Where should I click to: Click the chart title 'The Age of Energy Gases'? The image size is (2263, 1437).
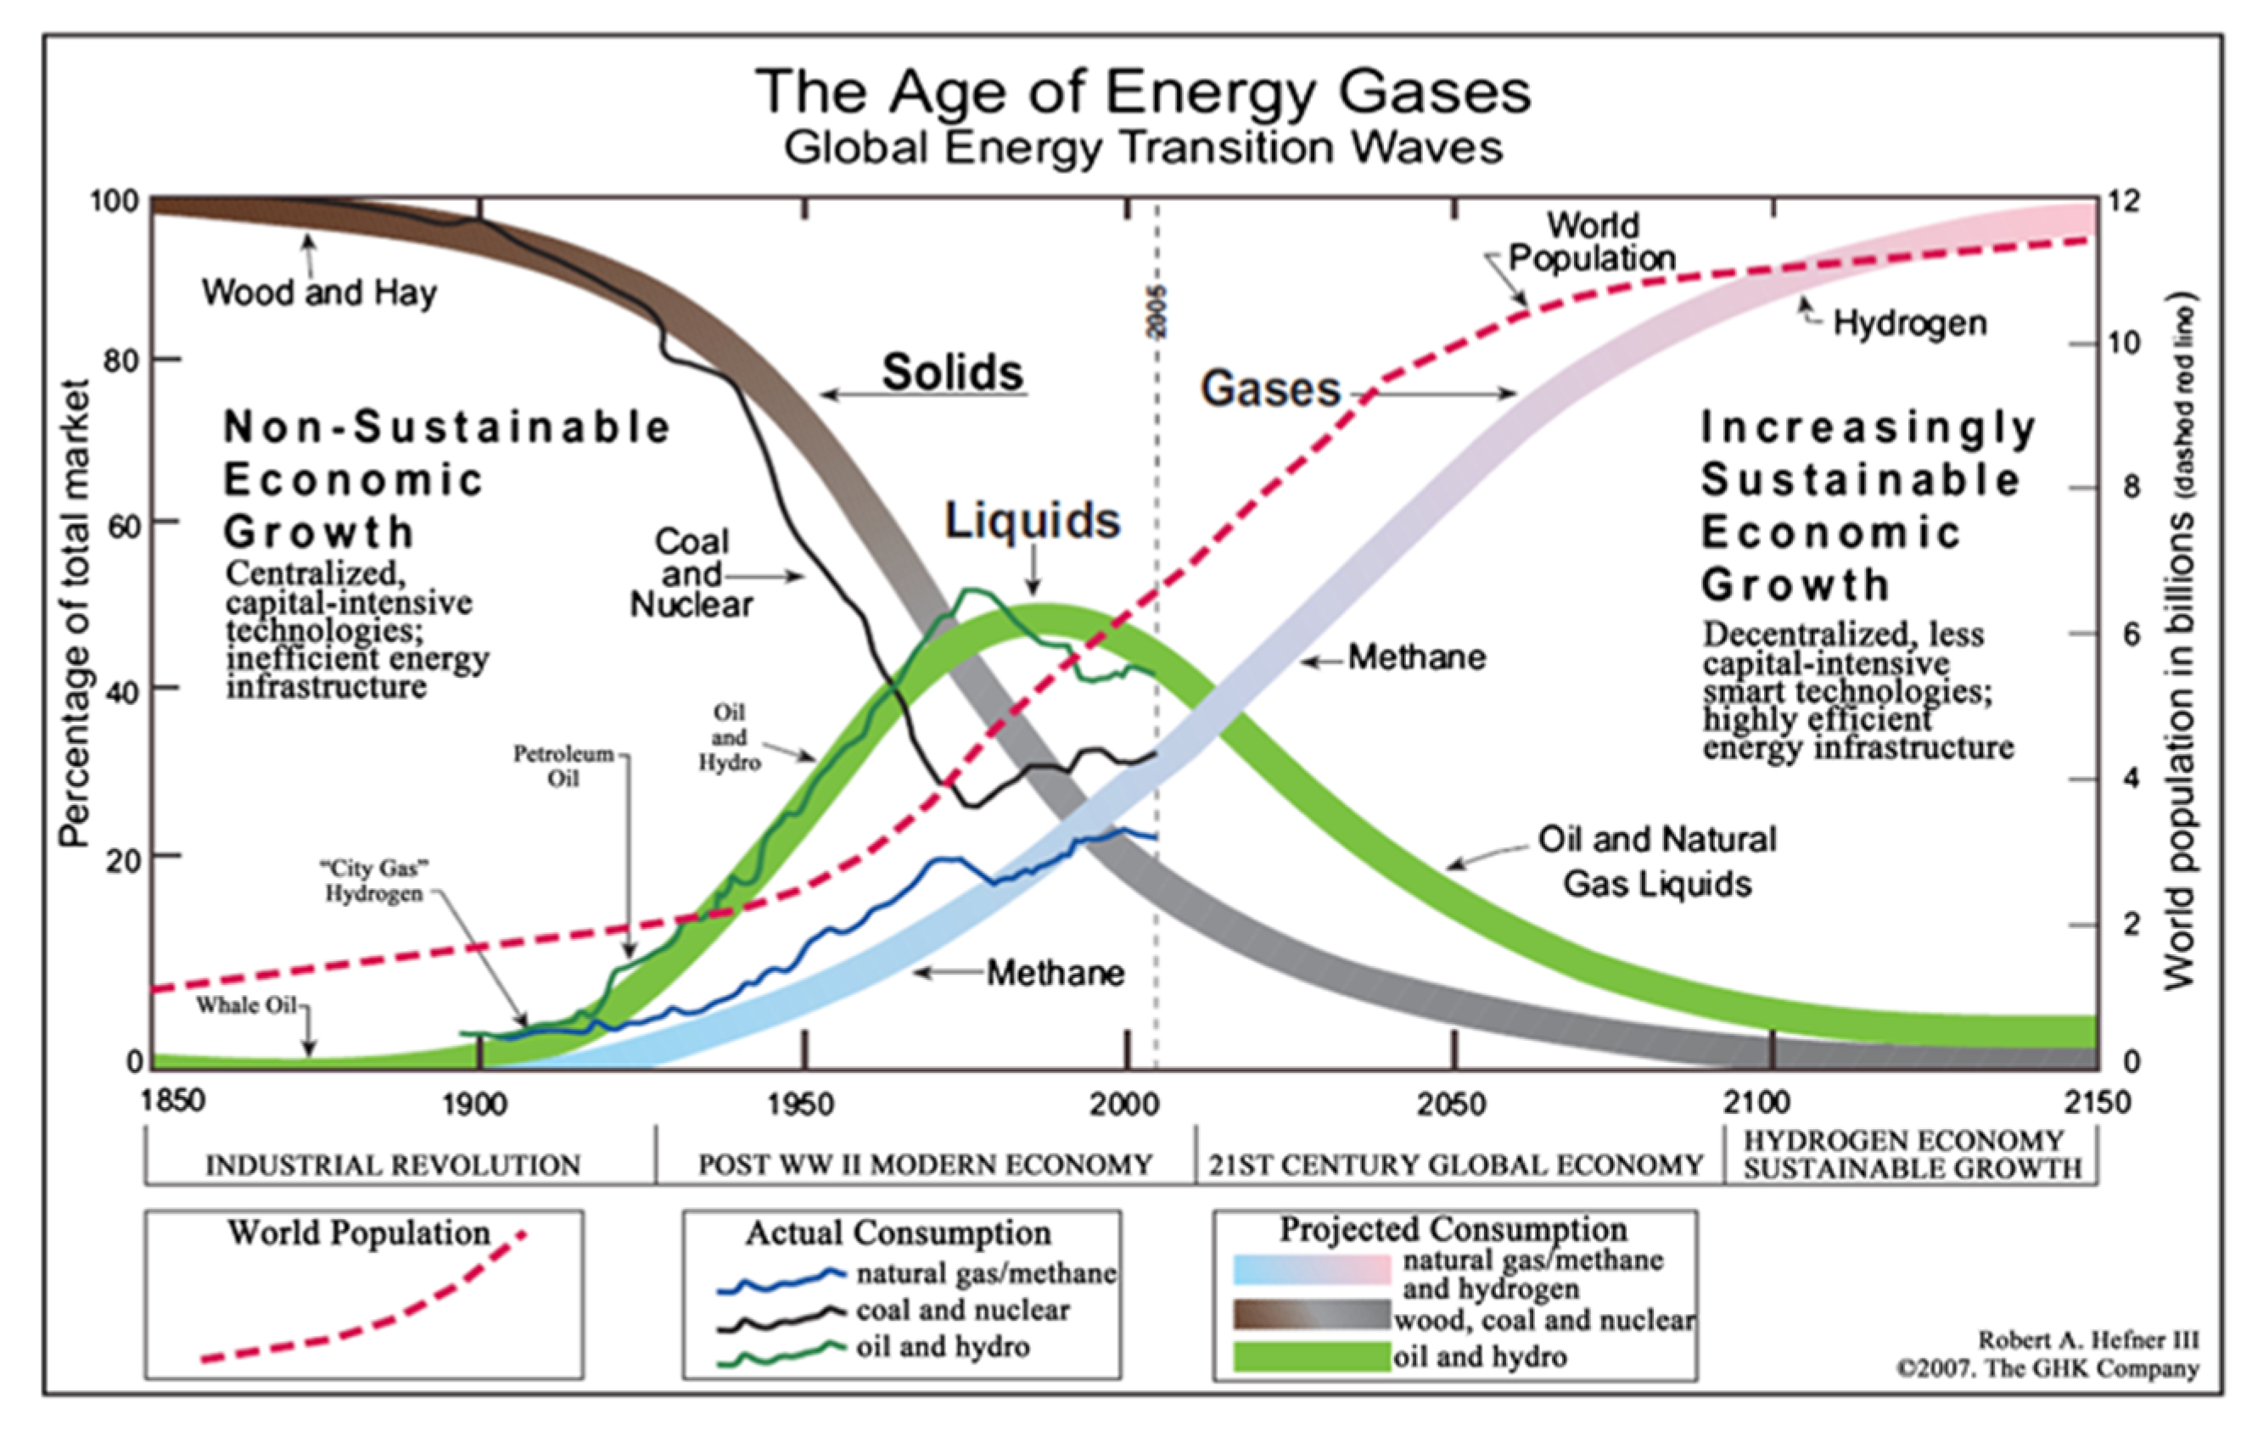point(1143,92)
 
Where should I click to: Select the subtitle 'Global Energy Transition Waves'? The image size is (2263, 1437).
point(1143,148)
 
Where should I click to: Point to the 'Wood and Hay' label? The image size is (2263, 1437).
point(320,293)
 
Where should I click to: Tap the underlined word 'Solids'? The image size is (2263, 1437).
point(952,372)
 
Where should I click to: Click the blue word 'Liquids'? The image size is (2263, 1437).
point(1032,521)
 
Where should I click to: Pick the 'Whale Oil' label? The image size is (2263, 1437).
point(246,1005)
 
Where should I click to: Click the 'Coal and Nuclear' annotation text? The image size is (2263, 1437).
point(692,573)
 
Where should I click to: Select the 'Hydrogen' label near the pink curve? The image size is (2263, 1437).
point(1910,323)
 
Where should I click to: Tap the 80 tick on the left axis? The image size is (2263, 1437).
point(121,361)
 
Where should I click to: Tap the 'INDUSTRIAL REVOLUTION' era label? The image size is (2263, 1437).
point(393,1166)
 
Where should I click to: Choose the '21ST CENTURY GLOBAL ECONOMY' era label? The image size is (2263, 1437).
point(1454,1166)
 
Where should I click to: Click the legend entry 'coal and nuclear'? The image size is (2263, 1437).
point(961,1310)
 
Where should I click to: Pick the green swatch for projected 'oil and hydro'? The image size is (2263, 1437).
point(1310,1356)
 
